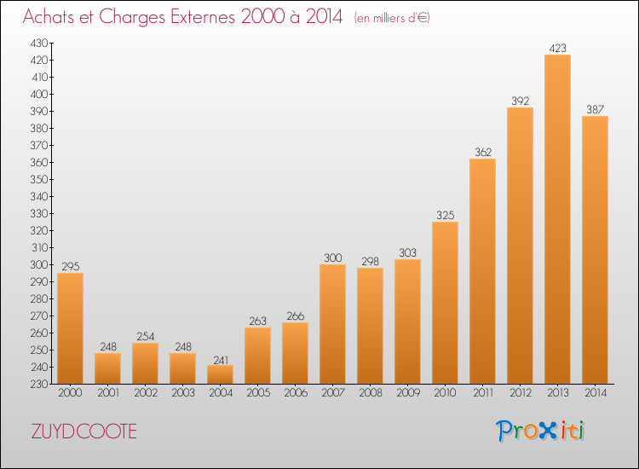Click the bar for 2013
click(557, 219)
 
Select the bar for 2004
click(220, 374)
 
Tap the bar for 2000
click(70, 328)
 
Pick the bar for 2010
click(445, 303)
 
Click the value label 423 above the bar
click(557, 48)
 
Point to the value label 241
click(221, 360)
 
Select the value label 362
click(483, 152)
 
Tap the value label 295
click(71, 266)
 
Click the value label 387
click(595, 109)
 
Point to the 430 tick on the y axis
click(39, 43)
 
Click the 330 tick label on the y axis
click(39, 213)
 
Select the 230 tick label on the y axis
click(39, 384)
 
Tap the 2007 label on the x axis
click(333, 392)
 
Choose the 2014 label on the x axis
click(596, 392)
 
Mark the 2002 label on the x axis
click(146, 392)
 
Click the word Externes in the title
click(203, 16)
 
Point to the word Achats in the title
click(49, 16)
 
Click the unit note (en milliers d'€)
click(392, 18)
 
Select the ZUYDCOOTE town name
click(84, 431)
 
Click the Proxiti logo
click(540, 431)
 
